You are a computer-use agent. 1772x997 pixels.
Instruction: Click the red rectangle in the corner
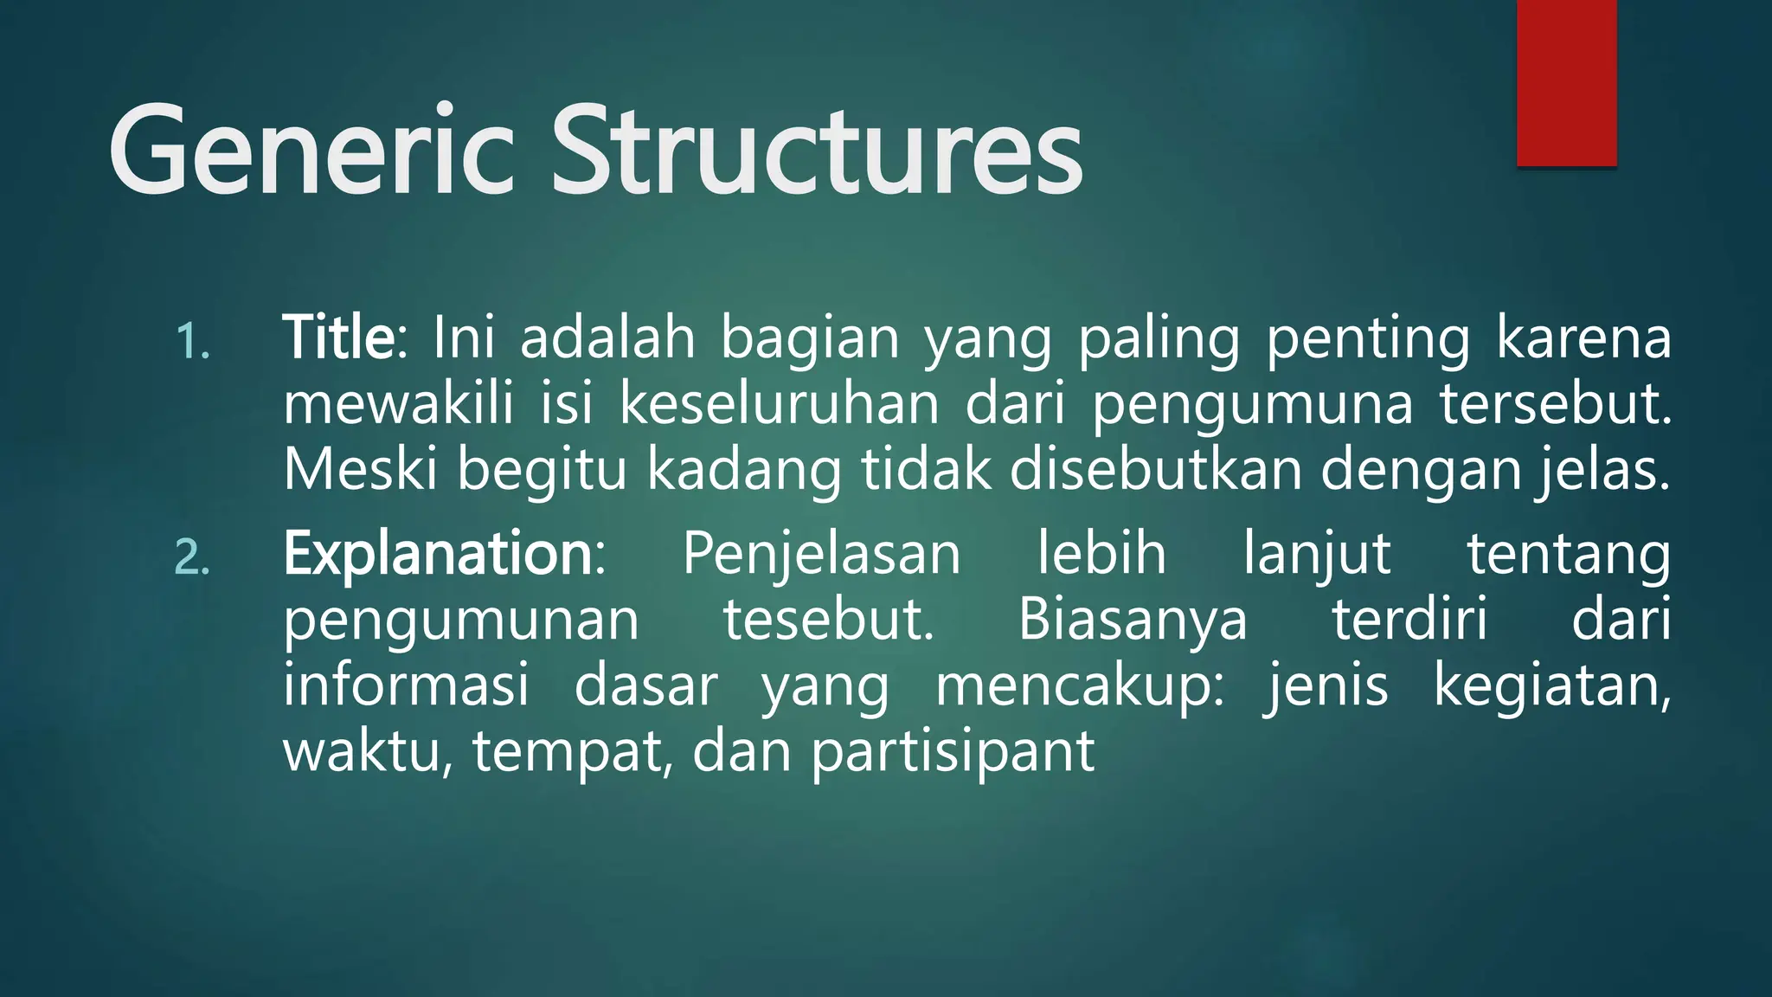coord(1566,82)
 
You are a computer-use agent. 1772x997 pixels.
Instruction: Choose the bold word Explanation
coord(438,554)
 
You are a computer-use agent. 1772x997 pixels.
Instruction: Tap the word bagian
coord(810,339)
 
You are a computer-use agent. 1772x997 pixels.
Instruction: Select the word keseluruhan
coord(779,404)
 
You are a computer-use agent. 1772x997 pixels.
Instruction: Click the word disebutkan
coord(1156,469)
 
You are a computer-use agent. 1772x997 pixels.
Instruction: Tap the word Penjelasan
coord(821,556)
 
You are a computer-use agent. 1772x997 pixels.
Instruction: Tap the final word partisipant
coord(953,751)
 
